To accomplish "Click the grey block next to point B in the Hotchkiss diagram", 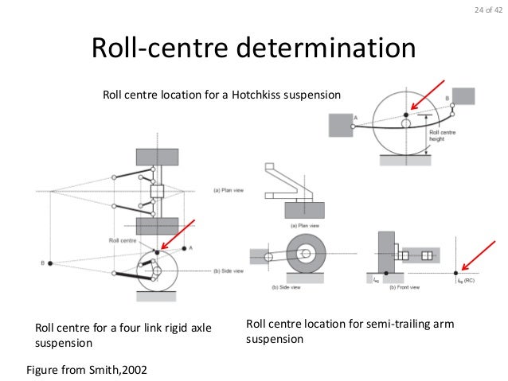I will tap(463, 96).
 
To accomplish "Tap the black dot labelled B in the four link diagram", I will tap(49, 262).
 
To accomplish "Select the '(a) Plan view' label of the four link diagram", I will tap(228, 189).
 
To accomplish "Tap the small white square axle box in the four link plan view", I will tap(156, 192).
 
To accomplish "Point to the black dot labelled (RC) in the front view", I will tap(455, 272).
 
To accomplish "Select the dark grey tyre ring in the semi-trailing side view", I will tap(307, 256).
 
